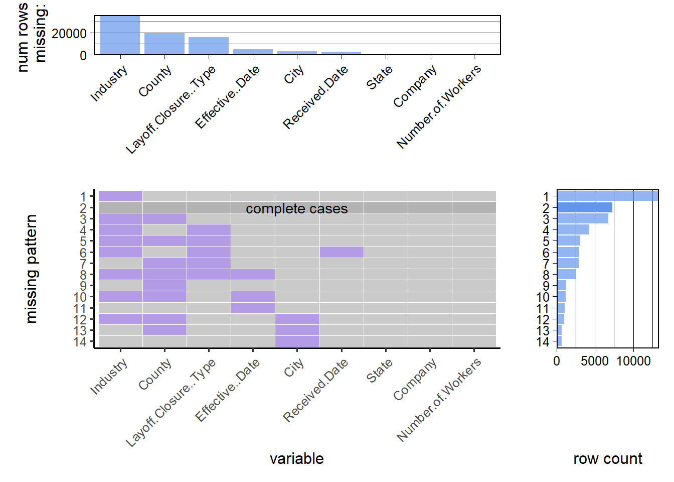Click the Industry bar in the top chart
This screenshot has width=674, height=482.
pos(120,35)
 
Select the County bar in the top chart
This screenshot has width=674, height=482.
pos(164,44)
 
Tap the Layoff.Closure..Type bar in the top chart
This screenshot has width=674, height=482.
pos(209,46)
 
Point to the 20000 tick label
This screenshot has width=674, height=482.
pos(69,34)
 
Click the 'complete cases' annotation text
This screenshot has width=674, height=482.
pos(296,209)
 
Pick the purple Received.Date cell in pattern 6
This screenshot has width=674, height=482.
pos(342,252)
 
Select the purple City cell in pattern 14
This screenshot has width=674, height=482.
pos(297,341)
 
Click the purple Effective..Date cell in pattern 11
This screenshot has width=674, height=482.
pos(253,308)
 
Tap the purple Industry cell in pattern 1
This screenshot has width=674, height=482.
pos(120,196)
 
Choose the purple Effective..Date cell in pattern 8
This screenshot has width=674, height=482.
pos(253,274)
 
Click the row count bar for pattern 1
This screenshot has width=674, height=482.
pos(607,196)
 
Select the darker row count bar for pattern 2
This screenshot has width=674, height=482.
pos(585,207)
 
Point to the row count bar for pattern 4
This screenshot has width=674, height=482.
pos(573,229)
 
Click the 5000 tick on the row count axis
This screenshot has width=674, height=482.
pos(595,361)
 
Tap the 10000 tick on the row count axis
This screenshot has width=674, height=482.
pos(633,361)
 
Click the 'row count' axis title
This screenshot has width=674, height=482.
pos(608,458)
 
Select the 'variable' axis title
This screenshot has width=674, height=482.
pos(296,458)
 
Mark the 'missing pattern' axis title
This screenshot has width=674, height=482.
pos(32,269)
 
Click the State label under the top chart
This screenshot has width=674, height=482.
pos(379,78)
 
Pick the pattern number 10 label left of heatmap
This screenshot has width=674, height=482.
pos(80,297)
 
